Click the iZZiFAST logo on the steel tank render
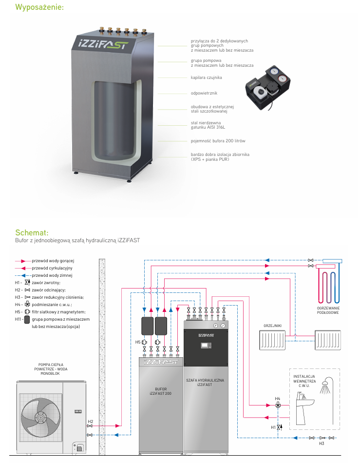pyautogui.click(x=101, y=43)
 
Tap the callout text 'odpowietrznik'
pyautogui.click(x=204, y=93)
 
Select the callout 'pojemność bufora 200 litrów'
pyautogui.click(x=218, y=141)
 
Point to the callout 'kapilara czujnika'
pyautogui.click(x=207, y=77)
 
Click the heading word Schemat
pyautogui.click(x=31, y=232)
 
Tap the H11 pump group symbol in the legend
pyautogui.click(x=27, y=323)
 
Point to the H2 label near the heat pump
pyautogui.click(x=90, y=421)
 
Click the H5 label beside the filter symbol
pyautogui.click(x=138, y=342)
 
